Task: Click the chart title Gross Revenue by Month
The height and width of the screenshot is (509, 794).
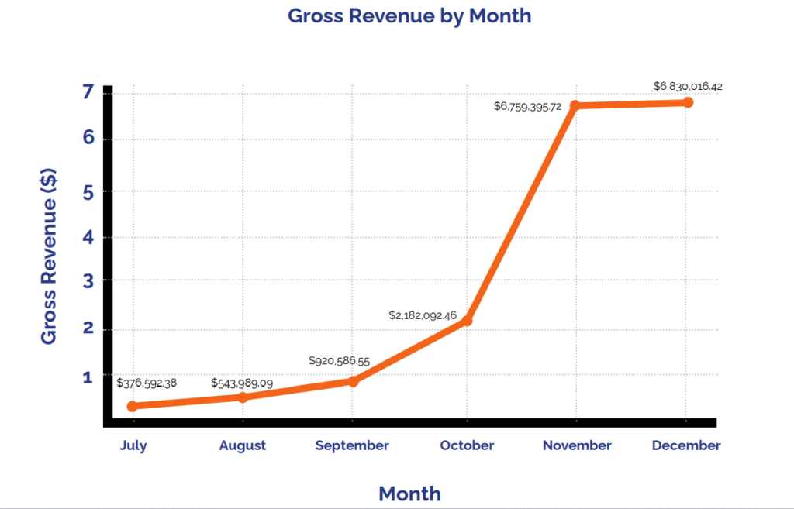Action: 409,15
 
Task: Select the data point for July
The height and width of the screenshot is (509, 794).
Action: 133,406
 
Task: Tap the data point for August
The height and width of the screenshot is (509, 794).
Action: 243,397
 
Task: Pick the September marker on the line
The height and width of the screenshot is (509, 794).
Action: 353,381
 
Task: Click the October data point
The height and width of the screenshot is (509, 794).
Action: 467,321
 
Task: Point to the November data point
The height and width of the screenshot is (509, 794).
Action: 576,105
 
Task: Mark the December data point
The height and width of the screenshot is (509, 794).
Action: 687,102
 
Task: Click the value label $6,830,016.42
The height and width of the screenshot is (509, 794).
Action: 688,86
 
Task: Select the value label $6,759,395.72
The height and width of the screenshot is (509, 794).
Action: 527,106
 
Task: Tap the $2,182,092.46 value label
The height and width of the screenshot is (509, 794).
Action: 423,315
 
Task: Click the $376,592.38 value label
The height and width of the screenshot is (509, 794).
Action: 147,383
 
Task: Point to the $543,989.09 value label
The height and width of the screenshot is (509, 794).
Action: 242,383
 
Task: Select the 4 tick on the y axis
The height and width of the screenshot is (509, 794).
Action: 87,238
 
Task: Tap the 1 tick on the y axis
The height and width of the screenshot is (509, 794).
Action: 87,377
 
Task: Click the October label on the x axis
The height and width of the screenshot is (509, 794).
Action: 467,445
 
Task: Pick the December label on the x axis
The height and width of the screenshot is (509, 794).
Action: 686,445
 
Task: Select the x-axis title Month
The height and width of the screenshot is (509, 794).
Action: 409,494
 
